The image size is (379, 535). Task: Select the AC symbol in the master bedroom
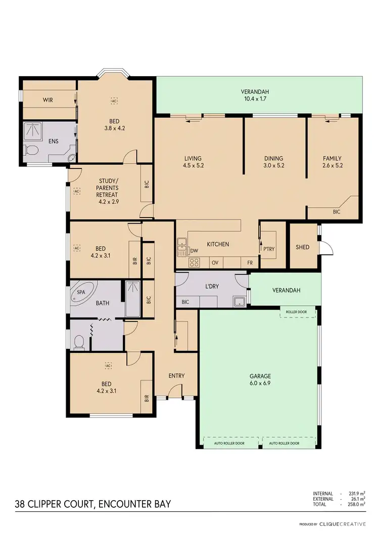pos(114,100)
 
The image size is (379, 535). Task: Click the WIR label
pos(48,100)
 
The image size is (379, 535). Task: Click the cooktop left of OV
pos(194,262)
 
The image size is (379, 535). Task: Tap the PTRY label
pos(268,249)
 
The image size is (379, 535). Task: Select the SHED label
pos(302,247)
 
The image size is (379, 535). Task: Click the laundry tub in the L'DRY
pos(240,302)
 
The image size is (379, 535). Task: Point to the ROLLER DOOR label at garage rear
pos(296,312)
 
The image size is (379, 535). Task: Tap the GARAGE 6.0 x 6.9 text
pos(260,380)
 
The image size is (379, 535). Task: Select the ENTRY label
pos(176,376)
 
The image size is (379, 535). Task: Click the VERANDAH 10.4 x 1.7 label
pos(254,95)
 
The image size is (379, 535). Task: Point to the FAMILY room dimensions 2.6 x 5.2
pos(332,165)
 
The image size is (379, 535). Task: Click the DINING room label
pos(273,158)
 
